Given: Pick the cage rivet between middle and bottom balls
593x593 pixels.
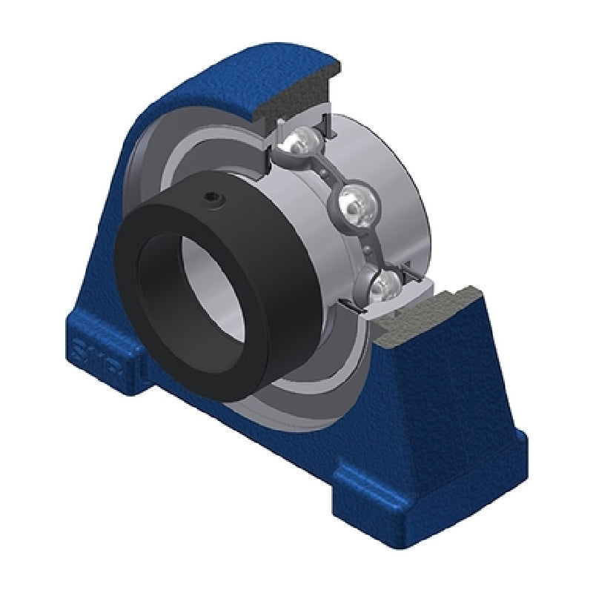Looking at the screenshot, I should point(367,245).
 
